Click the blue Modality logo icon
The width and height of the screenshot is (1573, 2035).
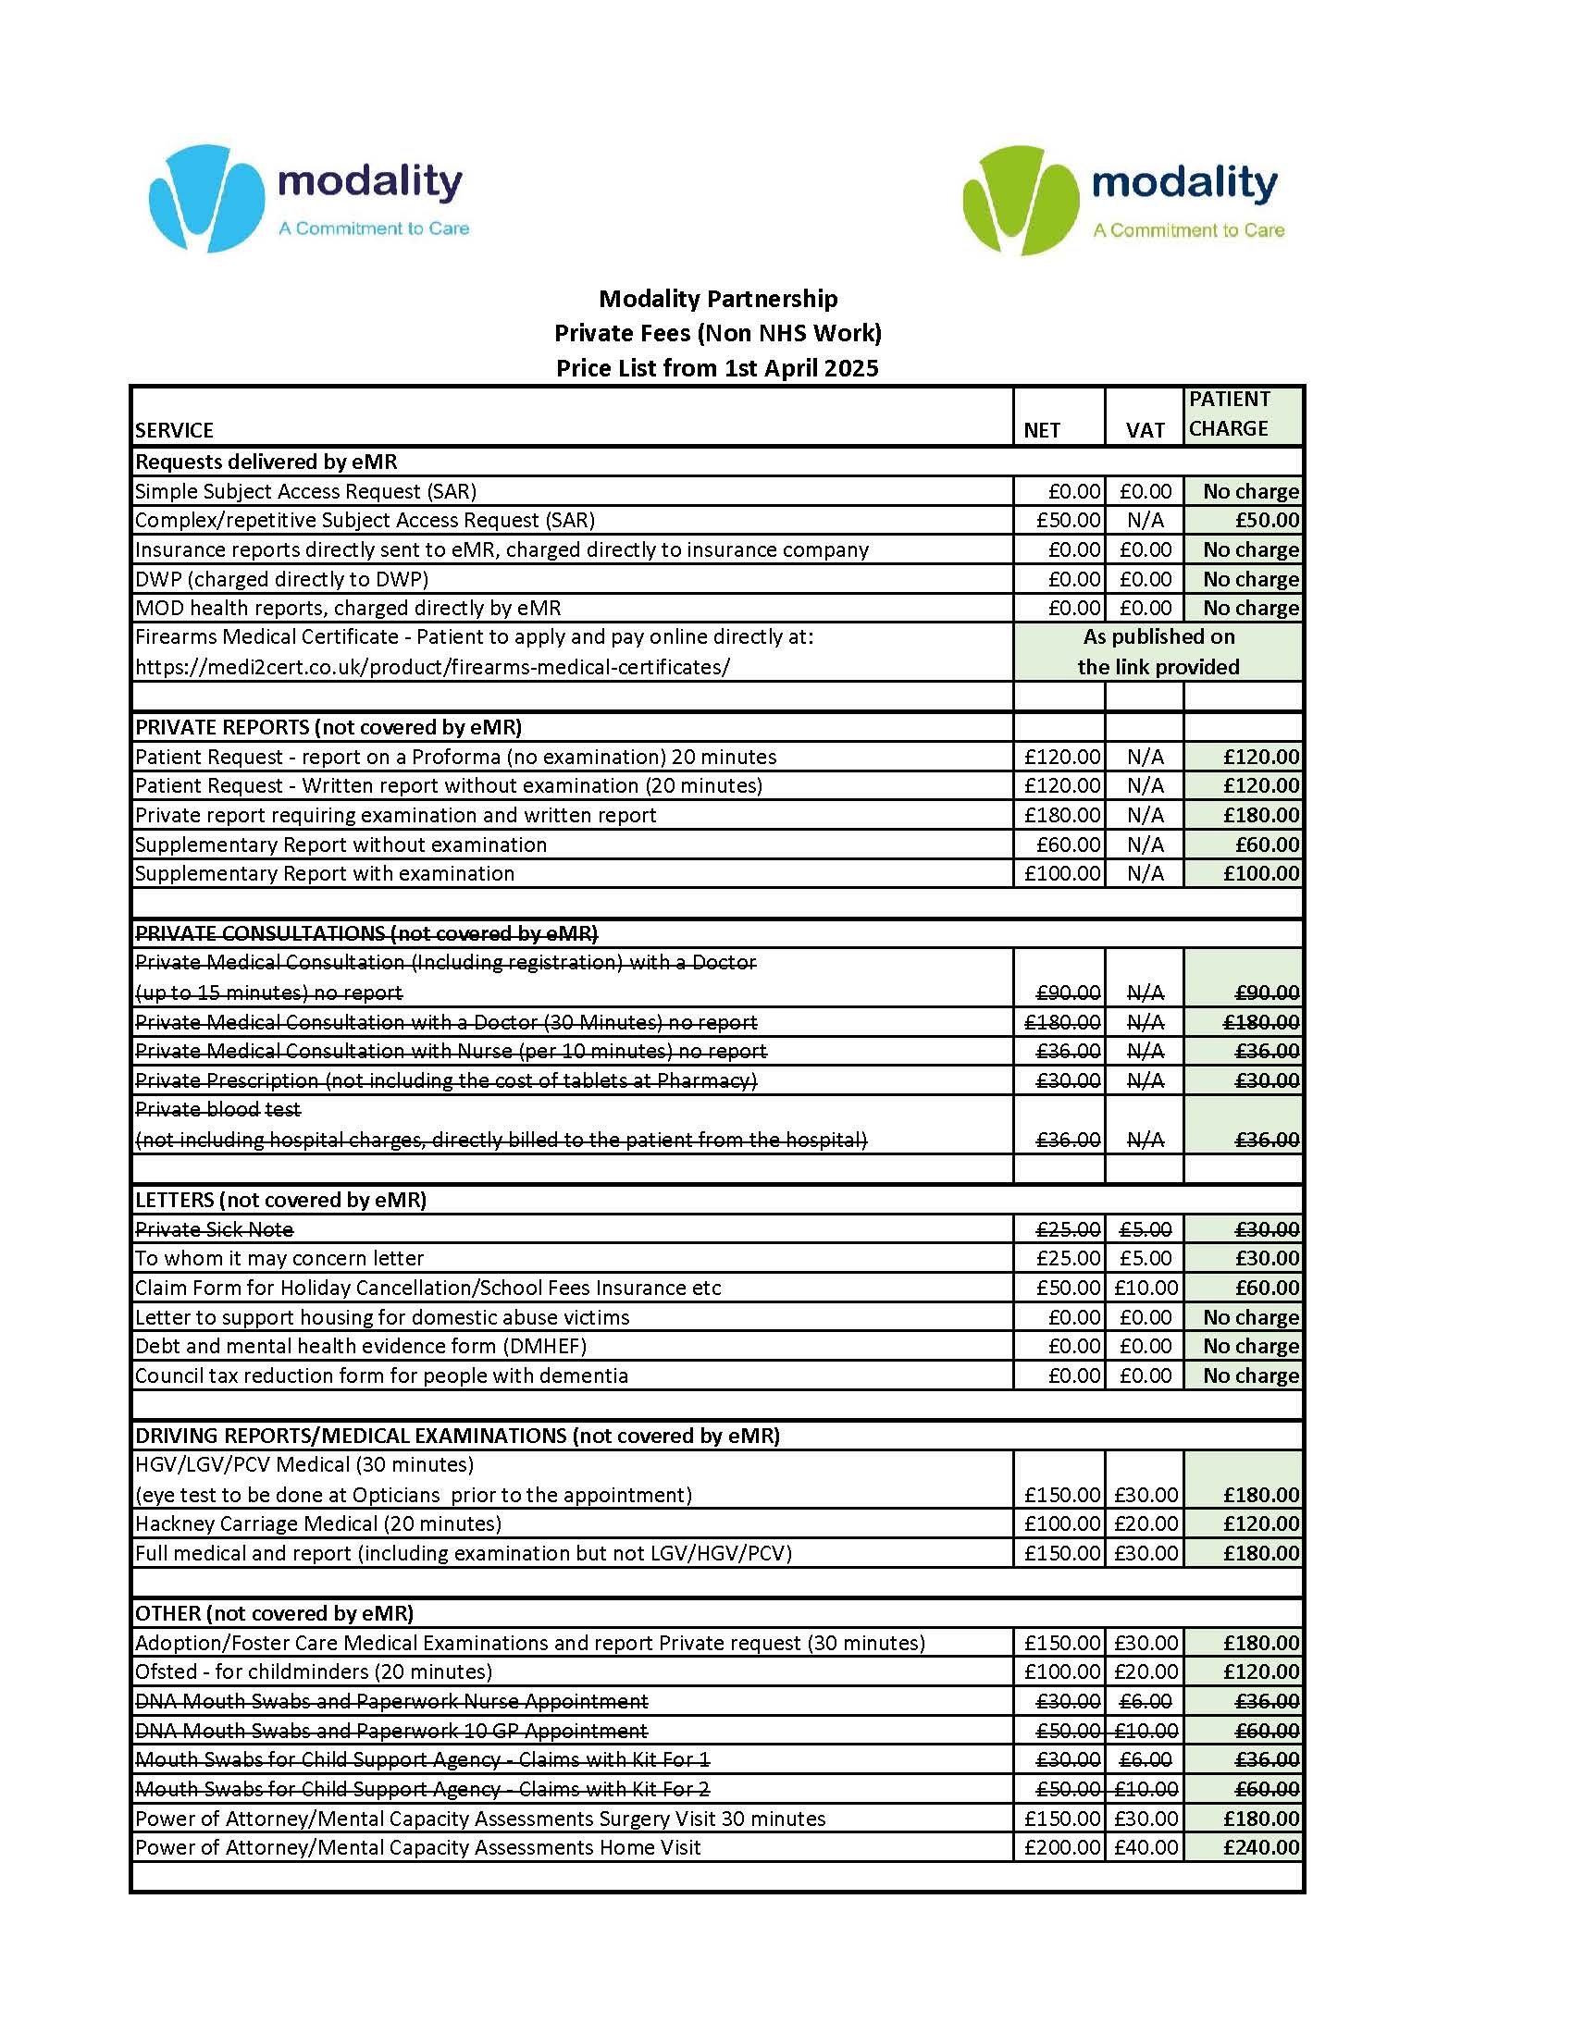[206, 198]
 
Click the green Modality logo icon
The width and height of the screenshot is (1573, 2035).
[1020, 200]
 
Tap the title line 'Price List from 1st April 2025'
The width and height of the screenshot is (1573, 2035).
[716, 368]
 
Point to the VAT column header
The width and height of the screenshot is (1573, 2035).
[1145, 429]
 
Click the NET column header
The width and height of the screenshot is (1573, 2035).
[1041, 429]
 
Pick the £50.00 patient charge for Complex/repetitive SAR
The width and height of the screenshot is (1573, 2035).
[1267, 520]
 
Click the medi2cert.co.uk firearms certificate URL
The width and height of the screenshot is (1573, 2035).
[432, 667]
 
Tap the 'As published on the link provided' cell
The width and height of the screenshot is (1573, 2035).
[1158, 651]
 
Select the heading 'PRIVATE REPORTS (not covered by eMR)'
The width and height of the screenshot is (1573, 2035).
[328, 727]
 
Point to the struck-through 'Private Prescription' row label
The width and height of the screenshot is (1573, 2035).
[445, 1079]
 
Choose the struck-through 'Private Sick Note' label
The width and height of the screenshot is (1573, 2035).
[215, 1229]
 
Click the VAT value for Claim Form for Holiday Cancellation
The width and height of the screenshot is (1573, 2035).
[1146, 1288]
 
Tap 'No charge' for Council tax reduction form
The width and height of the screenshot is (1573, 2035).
[1250, 1375]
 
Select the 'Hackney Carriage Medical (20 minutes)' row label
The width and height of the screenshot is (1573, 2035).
[317, 1523]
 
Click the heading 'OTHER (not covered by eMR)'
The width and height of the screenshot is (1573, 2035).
[274, 1613]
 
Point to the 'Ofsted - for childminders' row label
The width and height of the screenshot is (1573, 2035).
[313, 1671]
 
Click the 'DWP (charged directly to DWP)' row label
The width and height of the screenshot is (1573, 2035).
[281, 579]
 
